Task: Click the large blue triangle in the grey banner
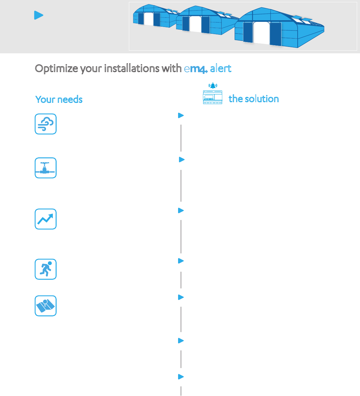[x=38, y=15]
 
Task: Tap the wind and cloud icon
[x=46, y=124]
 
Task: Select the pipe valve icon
[x=46, y=168]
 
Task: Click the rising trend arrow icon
[x=46, y=219]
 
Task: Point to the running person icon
[x=46, y=269]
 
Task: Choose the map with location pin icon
[x=46, y=306]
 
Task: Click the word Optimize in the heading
[x=57, y=68]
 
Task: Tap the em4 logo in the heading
[x=196, y=69]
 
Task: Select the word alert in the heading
[x=221, y=68]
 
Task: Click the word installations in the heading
[x=136, y=68]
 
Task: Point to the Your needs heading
[x=59, y=100]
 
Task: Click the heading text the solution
[x=254, y=99]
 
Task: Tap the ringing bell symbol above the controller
[x=213, y=86]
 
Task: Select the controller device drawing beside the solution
[x=213, y=97]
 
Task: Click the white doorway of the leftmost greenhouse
[x=148, y=19]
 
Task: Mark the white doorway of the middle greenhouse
[x=195, y=24]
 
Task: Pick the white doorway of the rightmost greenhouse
[x=261, y=33]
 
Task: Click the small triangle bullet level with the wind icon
[x=181, y=115]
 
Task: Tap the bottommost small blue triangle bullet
[x=181, y=377]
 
